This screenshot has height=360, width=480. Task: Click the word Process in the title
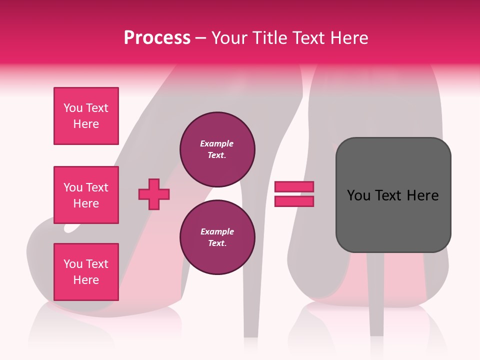157,38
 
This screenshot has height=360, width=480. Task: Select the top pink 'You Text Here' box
86,116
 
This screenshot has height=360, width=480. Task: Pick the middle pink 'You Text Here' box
86,195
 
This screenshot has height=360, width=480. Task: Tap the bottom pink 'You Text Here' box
86,272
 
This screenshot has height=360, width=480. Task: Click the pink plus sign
154,194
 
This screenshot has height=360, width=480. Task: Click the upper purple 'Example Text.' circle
217,149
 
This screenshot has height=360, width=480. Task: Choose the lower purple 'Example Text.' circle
217,237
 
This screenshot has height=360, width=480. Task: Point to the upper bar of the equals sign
294,187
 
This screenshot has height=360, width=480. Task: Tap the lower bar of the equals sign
294,201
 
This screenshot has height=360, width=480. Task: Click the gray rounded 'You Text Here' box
393,195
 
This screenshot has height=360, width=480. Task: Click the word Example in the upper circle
217,144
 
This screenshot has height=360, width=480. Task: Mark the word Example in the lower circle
217,232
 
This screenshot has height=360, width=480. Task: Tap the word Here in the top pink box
86,124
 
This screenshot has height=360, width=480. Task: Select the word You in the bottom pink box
73,264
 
